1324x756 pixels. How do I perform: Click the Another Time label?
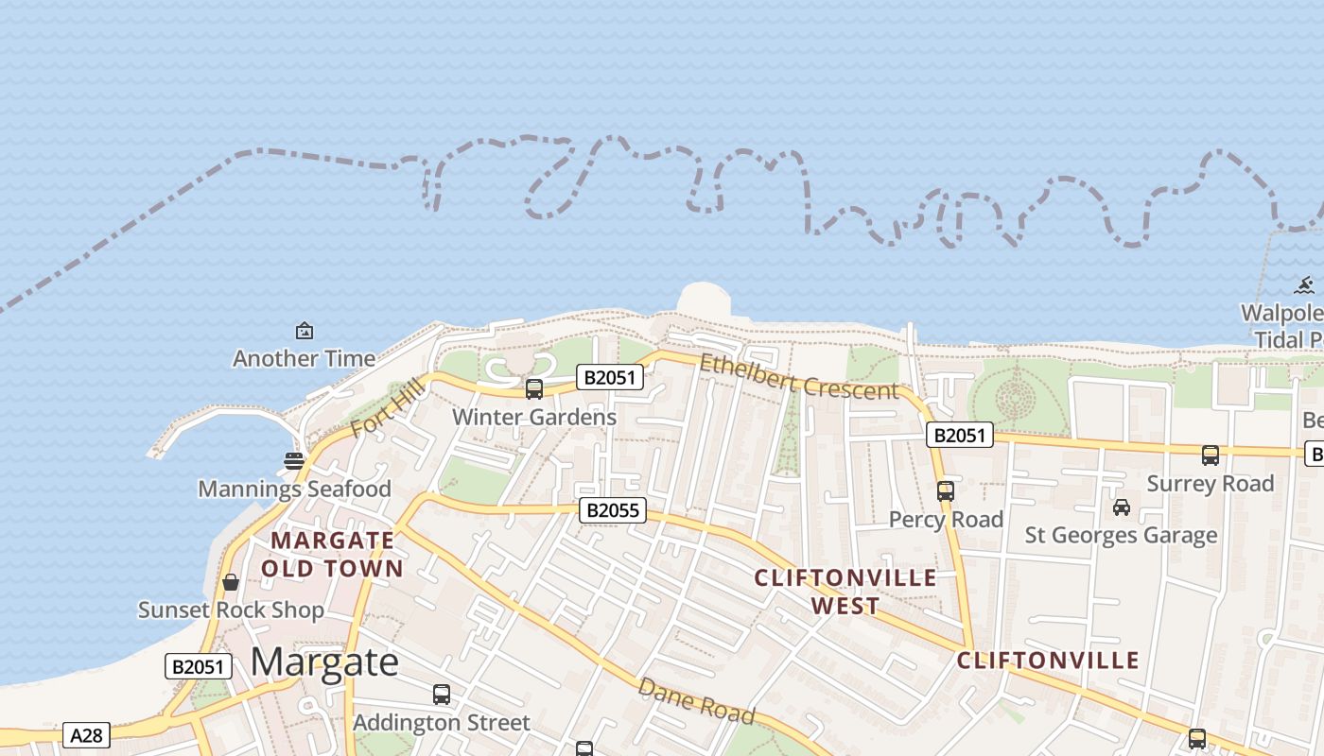pos(304,358)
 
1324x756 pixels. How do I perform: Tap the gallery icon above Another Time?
pos(305,331)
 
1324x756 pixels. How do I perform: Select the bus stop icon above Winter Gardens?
pos(534,388)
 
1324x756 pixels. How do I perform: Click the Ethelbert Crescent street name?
pos(798,376)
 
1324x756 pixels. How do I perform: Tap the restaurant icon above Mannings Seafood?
pos(294,461)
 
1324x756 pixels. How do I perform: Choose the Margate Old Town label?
pos(332,555)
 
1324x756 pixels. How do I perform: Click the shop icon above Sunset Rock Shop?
pos(230,582)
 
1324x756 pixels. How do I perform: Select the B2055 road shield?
pos(613,511)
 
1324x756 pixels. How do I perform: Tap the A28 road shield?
pos(86,735)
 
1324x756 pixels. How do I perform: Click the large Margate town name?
pos(324,661)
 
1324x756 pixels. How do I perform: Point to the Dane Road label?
pos(696,700)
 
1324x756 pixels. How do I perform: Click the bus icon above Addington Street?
pos(442,695)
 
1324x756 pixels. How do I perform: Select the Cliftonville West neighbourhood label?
pos(845,592)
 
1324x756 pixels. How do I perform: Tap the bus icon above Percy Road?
pos(946,491)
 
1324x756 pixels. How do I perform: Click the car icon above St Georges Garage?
pos(1122,507)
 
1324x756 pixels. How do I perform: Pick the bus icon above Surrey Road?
pos(1211,455)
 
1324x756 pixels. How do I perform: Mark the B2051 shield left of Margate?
pos(199,666)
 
